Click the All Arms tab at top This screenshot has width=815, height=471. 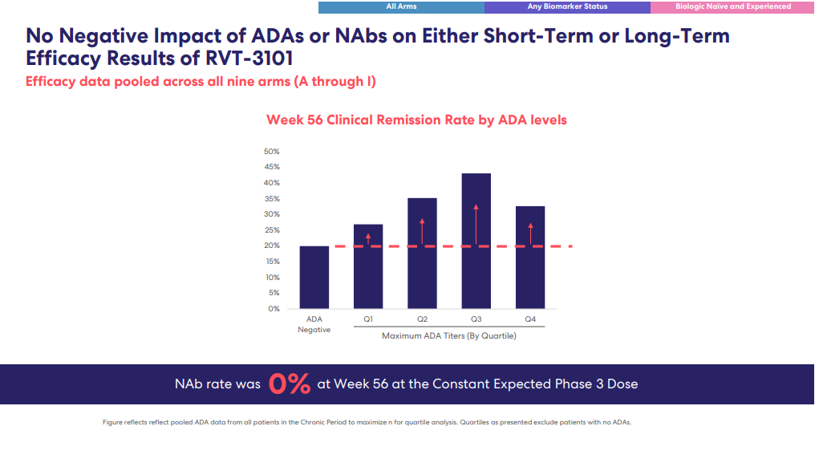(401, 6)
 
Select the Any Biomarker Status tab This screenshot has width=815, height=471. (567, 6)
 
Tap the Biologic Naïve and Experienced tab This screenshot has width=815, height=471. (732, 6)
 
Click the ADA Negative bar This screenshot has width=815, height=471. (314, 278)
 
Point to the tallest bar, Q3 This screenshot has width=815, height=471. (476, 242)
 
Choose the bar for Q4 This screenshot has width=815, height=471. (530, 258)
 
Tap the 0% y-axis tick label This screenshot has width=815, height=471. (274, 309)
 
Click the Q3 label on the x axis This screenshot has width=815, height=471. (476, 319)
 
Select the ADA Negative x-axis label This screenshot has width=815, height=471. (314, 324)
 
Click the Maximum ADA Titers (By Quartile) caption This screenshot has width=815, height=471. (449, 336)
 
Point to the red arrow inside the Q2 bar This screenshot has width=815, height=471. (422, 231)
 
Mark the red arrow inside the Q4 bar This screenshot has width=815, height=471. (530, 233)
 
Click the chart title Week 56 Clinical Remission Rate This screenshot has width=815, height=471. (416, 120)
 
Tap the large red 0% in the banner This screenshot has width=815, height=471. (289, 384)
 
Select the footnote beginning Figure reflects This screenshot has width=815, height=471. (367, 422)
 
